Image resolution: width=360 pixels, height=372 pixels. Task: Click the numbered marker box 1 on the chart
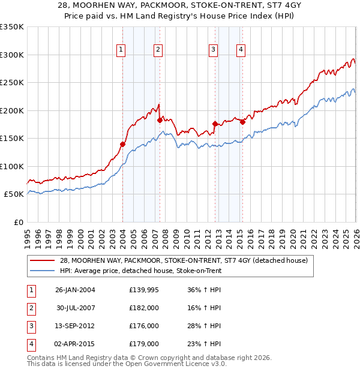click(121, 50)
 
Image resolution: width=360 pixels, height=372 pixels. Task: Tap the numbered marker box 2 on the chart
click(158, 50)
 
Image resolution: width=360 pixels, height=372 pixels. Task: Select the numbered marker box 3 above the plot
click(213, 50)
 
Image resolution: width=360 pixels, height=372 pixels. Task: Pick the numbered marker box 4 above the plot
click(240, 50)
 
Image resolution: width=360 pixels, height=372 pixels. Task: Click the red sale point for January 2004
click(122, 144)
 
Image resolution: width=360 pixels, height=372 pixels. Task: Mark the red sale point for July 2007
click(160, 120)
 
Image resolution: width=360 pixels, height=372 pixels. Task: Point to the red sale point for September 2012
click(215, 124)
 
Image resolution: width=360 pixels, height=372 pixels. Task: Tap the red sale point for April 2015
click(242, 122)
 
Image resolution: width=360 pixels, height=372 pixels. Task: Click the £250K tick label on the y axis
click(12, 83)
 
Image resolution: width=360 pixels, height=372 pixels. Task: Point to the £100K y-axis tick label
click(12, 167)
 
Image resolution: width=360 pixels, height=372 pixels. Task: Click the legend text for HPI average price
click(140, 271)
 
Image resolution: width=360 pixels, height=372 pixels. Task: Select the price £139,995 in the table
click(144, 290)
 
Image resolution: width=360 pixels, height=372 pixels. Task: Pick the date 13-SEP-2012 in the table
click(75, 326)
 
